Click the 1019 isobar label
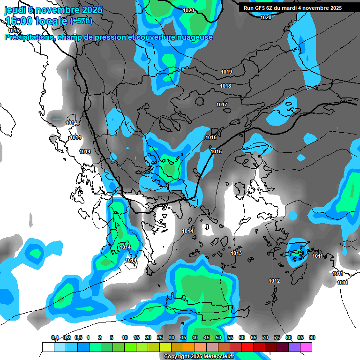tap(226, 72)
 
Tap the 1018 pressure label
tap(225, 86)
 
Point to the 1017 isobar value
tap(222, 105)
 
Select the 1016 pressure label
tap(211, 137)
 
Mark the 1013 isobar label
tap(236, 254)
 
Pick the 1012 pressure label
tap(274, 281)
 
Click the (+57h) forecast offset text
tap(81, 21)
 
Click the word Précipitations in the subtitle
tap(29, 37)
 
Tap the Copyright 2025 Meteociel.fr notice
tap(199, 356)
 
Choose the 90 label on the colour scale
tap(312, 337)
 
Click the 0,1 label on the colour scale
tap(54, 337)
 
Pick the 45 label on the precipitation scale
tap(207, 337)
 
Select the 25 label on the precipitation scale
tap(160, 337)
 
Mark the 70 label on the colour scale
tap(265, 337)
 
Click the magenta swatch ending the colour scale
tap(306, 347)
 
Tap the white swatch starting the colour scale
tap(48, 347)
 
